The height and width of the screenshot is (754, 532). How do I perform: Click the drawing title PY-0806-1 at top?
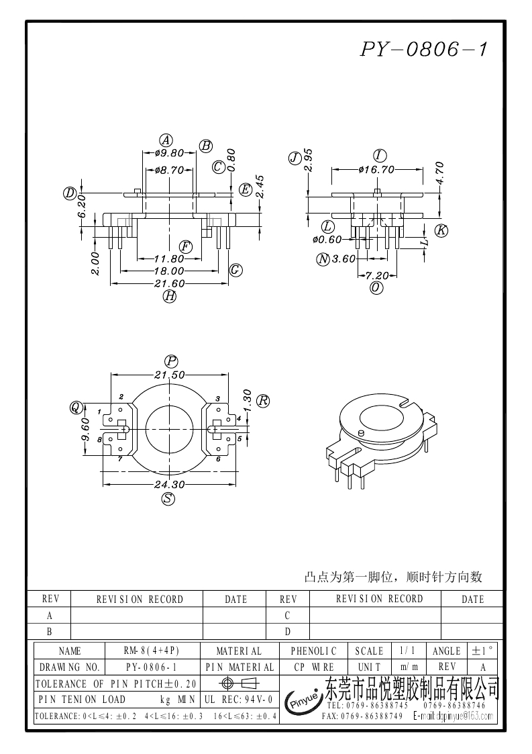tap(425, 49)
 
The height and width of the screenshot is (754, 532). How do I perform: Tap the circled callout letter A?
tap(166, 140)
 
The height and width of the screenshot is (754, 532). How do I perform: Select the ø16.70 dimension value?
tap(376, 169)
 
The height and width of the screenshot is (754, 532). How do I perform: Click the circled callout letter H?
tap(170, 296)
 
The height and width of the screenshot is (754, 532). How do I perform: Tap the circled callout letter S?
tap(168, 498)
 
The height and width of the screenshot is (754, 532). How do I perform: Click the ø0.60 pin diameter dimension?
tap(327, 239)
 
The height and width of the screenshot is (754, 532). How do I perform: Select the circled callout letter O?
tap(376, 287)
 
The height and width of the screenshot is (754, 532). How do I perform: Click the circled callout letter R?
tap(263, 401)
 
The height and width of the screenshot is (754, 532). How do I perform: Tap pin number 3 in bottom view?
tap(217, 399)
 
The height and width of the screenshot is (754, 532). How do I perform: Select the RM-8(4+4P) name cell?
tap(152, 651)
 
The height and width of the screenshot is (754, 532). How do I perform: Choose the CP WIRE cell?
tap(314, 667)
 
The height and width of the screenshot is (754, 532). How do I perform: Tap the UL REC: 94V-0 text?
tap(237, 700)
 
